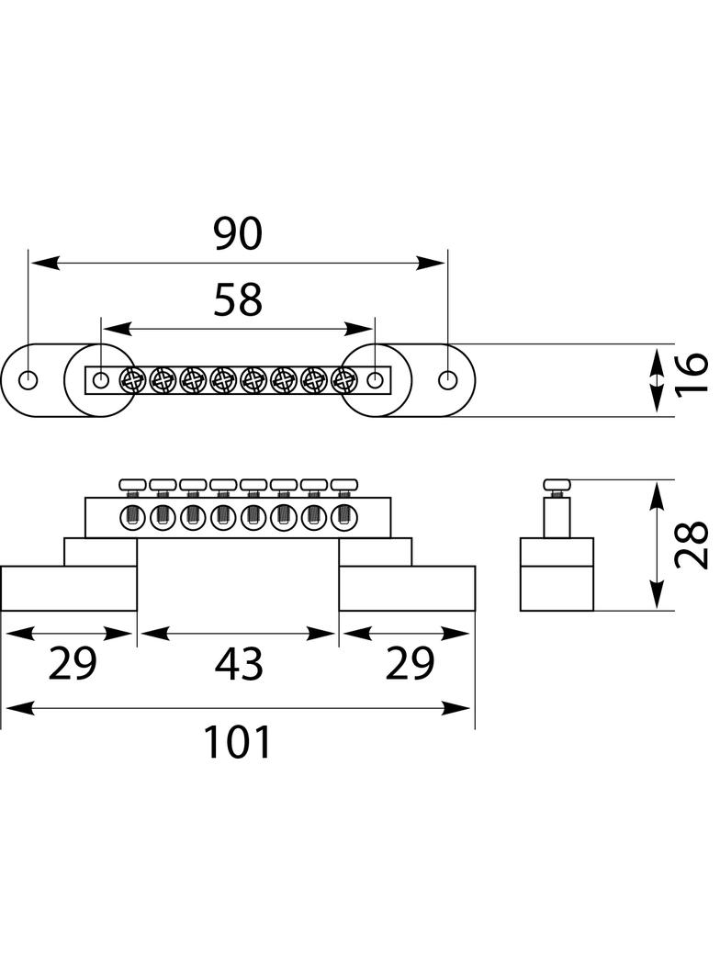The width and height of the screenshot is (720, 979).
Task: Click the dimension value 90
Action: coord(238,233)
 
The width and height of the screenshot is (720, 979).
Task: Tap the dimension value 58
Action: coord(238,299)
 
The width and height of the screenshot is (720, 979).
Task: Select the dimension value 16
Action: coord(692,374)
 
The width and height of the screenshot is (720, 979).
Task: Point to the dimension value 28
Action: coord(692,546)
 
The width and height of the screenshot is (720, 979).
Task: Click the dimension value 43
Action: coord(239,664)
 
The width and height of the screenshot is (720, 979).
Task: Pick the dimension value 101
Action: coord(238,742)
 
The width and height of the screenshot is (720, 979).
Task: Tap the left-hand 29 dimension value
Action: coord(73,664)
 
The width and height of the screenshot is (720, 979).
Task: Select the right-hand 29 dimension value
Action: coord(410,664)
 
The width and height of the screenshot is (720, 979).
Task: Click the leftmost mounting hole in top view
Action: coord(28,379)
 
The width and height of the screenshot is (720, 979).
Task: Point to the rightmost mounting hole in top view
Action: coord(448,379)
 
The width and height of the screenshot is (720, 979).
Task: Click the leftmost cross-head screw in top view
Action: coord(131,379)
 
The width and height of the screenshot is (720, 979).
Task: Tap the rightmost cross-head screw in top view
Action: coord(343,379)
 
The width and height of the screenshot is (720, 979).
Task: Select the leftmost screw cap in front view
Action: coord(132,485)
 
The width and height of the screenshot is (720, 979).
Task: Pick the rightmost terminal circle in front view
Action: coord(343,517)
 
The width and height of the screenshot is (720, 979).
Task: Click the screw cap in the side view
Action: coord(557,485)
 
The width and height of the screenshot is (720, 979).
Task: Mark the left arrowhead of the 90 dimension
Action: coord(45,264)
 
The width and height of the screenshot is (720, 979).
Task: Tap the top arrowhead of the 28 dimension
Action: coord(656,496)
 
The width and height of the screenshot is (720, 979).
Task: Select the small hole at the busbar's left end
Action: coord(100,379)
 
